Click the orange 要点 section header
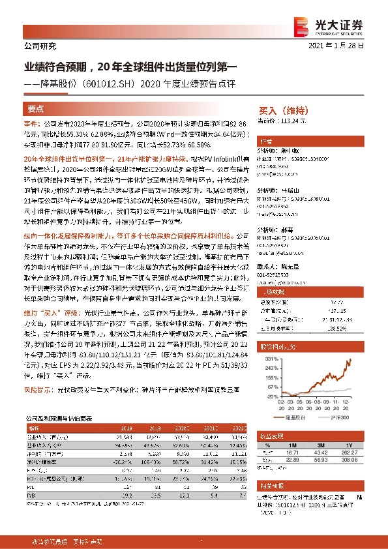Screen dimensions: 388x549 click(x=37, y=109)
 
